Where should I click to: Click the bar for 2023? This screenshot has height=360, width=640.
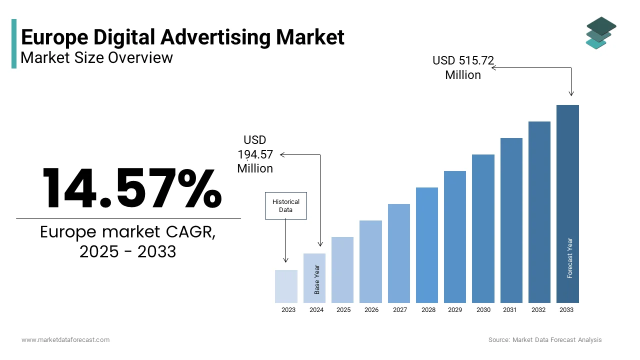pos(286,286)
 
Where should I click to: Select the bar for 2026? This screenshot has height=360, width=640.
pos(370,261)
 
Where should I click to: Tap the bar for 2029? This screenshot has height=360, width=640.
pos(454,237)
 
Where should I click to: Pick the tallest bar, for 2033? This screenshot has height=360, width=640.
pos(567,204)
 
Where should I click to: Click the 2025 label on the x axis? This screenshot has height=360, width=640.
pos(343,310)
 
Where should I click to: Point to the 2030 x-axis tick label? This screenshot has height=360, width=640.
pos(483,310)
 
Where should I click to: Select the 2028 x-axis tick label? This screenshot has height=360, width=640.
pos(428,310)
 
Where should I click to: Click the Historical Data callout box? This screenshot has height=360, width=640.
pos(285,205)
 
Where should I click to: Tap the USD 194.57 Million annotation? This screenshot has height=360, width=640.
pos(255,154)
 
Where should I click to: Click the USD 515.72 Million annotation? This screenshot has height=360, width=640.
pos(463,67)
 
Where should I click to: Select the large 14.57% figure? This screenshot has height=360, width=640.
pos(131,189)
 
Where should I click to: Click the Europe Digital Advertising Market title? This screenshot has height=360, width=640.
pos(182,37)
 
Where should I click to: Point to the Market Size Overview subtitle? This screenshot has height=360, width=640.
pos(96,58)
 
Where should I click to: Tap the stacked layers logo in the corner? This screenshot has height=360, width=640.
pos(600,33)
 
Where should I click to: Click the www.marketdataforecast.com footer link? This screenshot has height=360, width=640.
pos(65,340)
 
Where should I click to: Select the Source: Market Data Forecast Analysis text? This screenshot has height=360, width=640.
pos(545,340)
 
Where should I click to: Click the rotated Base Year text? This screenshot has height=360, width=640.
pos(317,279)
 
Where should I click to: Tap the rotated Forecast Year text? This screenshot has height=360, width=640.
pos(570,258)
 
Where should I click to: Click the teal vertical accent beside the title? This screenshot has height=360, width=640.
pos(14,44)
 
